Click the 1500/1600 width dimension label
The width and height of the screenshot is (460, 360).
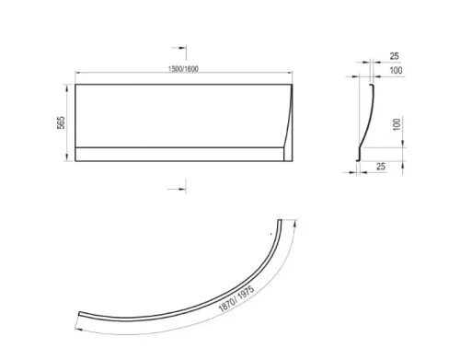coord(183,69)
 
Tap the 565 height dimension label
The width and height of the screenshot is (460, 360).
coord(62,122)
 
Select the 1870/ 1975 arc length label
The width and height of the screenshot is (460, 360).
coord(236,298)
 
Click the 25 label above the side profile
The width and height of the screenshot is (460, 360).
coord(394,56)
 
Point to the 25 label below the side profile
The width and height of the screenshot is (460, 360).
coord(380,167)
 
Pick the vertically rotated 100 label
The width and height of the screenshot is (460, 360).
coord(397,124)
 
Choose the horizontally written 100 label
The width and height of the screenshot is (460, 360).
coord(396,71)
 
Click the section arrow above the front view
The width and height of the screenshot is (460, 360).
coord(179,52)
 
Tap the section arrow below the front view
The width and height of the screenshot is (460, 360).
coord(177,186)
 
